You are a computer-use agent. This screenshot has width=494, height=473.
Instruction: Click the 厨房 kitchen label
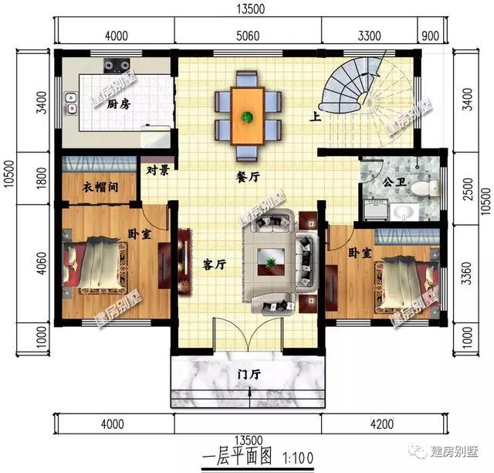point(117,104)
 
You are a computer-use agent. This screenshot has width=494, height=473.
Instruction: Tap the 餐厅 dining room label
point(247,176)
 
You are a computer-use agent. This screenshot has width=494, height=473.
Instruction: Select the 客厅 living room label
point(214,265)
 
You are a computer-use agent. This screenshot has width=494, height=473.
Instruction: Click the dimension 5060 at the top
point(247,36)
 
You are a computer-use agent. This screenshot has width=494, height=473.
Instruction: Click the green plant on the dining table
point(248,117)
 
